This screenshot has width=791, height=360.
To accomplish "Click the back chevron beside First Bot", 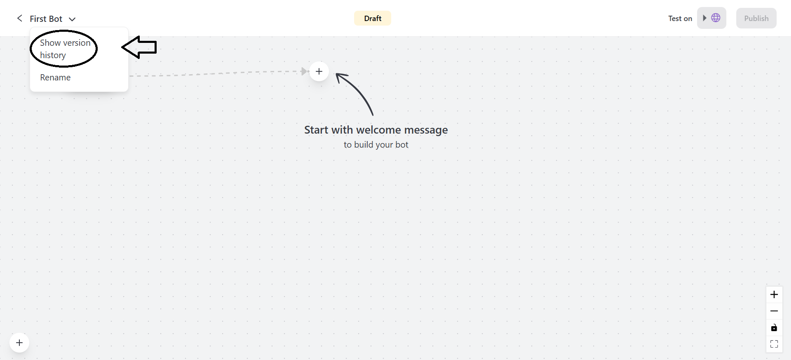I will click(19, 18).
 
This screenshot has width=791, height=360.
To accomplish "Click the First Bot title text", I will click(46, 19).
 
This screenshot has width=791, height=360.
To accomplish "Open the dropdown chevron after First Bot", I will click(72, 19).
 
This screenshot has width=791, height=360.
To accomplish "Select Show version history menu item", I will click(65, 49).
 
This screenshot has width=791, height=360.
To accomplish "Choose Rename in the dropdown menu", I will click(55, 78).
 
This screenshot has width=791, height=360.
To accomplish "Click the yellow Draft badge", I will click(373, 18).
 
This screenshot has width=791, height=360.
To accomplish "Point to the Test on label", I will click(680, 19).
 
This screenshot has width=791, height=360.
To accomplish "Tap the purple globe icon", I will click(716, 18).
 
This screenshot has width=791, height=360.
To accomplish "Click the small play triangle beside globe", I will click(704, 18).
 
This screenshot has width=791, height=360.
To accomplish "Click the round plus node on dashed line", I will click(319, 71).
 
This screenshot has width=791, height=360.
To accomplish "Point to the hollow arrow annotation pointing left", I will click(139, 47).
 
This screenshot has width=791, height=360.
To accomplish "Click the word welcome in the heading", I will click(378, 130).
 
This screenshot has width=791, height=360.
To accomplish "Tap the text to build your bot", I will click(376, 145).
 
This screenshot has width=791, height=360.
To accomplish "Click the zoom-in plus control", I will click(774, 294).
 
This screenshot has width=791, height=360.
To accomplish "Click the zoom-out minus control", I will click(774, 311).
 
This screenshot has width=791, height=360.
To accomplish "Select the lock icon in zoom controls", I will click(774, 327).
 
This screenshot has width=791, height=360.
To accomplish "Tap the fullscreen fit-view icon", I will click(774, 344).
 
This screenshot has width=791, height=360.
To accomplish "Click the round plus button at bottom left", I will click(19, 343).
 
